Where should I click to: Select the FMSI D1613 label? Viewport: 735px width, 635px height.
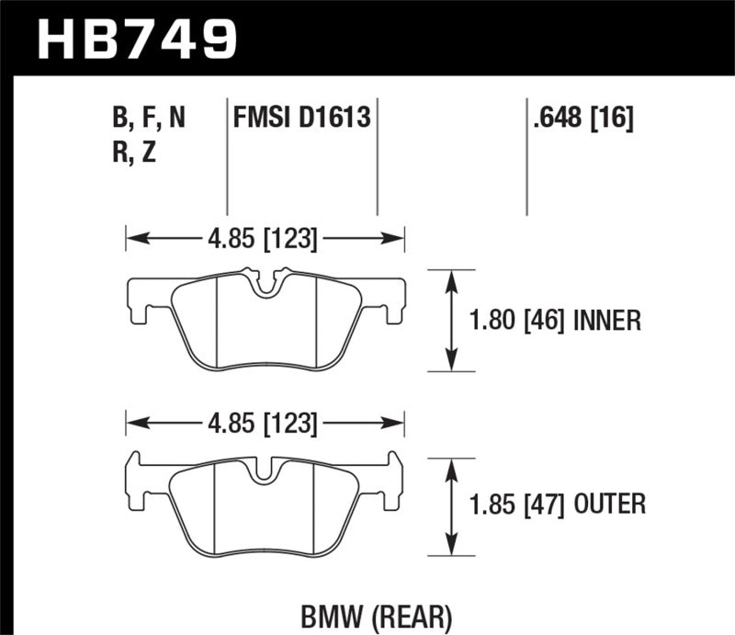click(x=301, y=118)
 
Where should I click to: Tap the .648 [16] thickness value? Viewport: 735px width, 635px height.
click(x=581, y=118)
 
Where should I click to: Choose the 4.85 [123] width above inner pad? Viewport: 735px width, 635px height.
click(x=265, y=241)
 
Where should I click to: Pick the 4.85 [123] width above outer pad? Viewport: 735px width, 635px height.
click(x=265, y=425)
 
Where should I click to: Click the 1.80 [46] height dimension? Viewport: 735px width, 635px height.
click(x=517, y=321)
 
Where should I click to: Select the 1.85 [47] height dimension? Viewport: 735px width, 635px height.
click(x=517, y=504)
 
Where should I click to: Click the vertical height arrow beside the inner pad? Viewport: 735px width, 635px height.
click(x=451, y=321)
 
